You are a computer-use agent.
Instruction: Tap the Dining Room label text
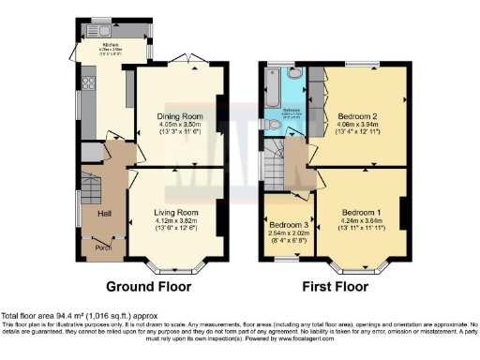(x=173, y=116)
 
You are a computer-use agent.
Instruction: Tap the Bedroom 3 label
(x=288, y=226)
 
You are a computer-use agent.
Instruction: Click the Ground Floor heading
(x=149, y=286)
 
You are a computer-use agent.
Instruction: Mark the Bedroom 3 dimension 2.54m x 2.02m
(x=288, y=235)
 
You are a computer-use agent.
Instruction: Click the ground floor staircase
(x=91, y=192)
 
